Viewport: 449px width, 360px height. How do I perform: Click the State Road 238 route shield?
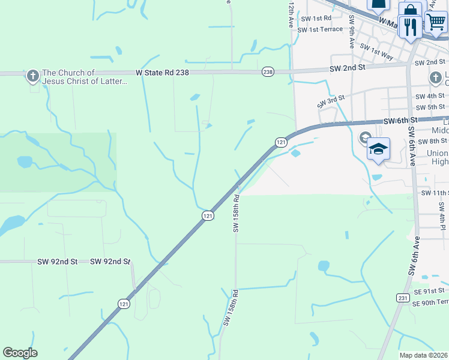pyautogui.click(x=268, y=72)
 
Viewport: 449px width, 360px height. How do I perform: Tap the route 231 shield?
pyautogui.click(x=403, y=298)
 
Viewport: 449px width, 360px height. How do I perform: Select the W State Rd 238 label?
pyautogui.click(x=162, y=72)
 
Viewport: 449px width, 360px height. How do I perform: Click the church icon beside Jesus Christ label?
pyautogui.click(x=33, y=76)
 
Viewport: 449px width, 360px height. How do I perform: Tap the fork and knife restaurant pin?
pyautogui.click(x=411, y=27)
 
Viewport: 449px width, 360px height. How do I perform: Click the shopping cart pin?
pyautogui.click(x=436, y=22)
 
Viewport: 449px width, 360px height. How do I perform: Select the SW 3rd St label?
pyautogui.click(x=332, y=101)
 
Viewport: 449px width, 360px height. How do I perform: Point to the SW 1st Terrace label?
pyautogui.click(x=320, y=29)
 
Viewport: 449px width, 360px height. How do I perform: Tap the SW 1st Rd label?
pyautogui.click(x=316, y=19)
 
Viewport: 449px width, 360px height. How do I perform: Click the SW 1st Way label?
pyautogui.click(x=376, y=51)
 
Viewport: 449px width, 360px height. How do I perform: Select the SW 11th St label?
pyautogui.click(x=435, y=193)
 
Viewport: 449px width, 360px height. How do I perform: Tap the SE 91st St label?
pyautogui.click(x=429, y=291)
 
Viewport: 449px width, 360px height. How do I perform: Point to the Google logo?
pyautogui.click(x=20, y=353)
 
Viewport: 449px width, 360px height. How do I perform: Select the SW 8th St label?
pyautogui.click(x=433, y=142)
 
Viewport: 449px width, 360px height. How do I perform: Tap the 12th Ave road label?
pyautogui.click(x=291, y=15)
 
